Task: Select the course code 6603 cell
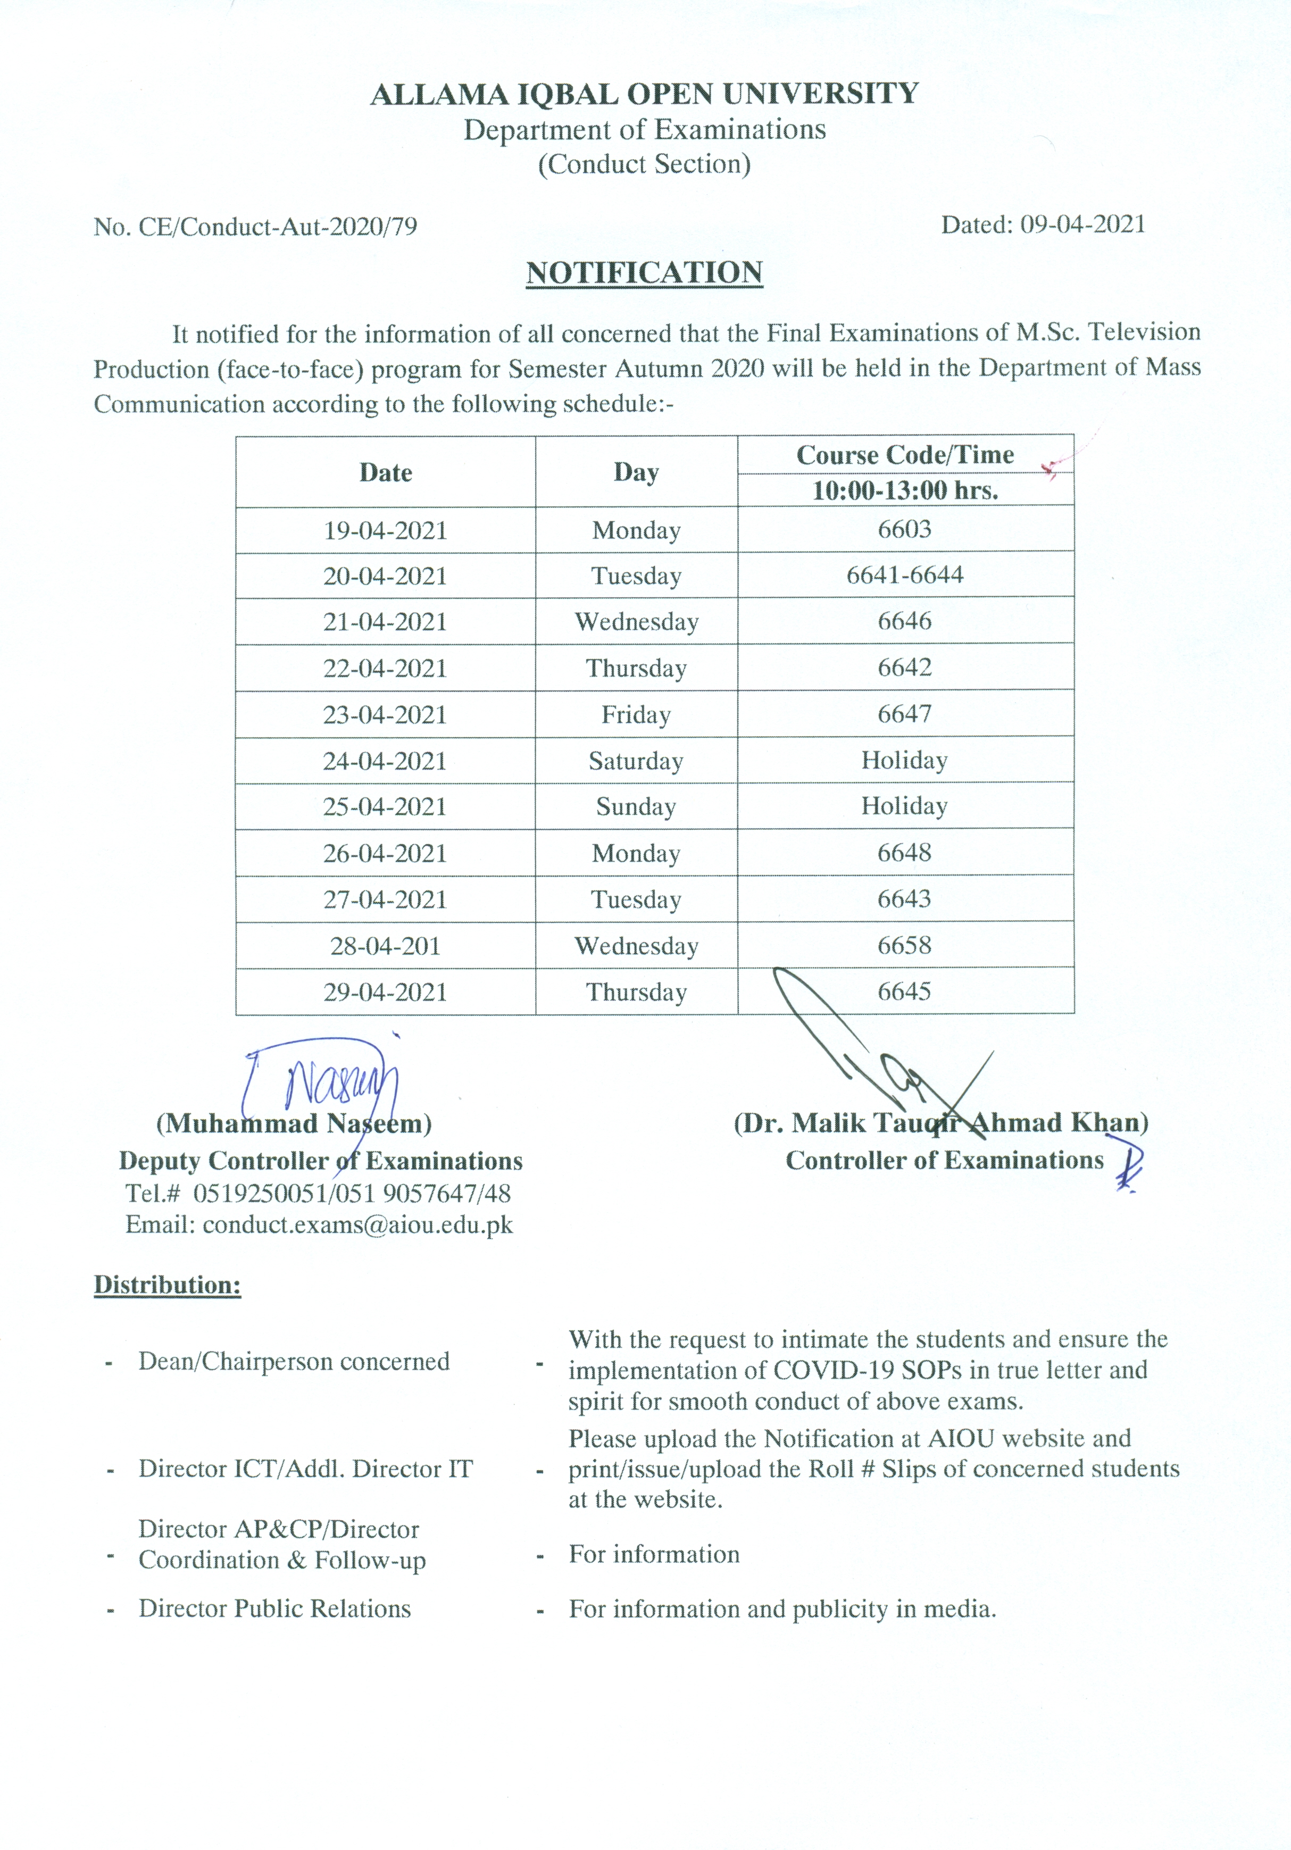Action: (x=904, y=529)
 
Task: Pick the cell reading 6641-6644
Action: (x=904, y=576)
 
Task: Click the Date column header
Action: (x=385, y=472)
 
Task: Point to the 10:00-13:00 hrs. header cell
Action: (x=904, y=490)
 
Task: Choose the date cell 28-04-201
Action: (x=385, y=946)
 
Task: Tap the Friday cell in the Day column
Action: (x=636, y=715)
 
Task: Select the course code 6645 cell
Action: (x=904, y=991)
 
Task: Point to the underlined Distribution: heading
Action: (x=168, y=1285)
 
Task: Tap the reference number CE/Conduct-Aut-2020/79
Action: (x=278, y=227)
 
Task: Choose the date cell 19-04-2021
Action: (x=385, y=530)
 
